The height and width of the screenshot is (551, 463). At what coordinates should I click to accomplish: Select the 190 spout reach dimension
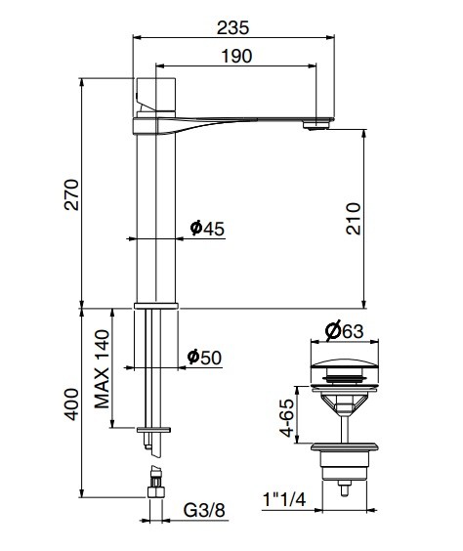click(x=235, y=57)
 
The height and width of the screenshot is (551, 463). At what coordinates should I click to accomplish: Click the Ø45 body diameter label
click(x=207, y=228)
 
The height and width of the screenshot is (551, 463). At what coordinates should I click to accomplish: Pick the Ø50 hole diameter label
click(x=205, y=358)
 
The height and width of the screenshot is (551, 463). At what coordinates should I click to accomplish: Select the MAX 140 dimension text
click(x=101, y=368)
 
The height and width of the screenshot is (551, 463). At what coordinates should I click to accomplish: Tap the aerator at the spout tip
click(x=314, y=124)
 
